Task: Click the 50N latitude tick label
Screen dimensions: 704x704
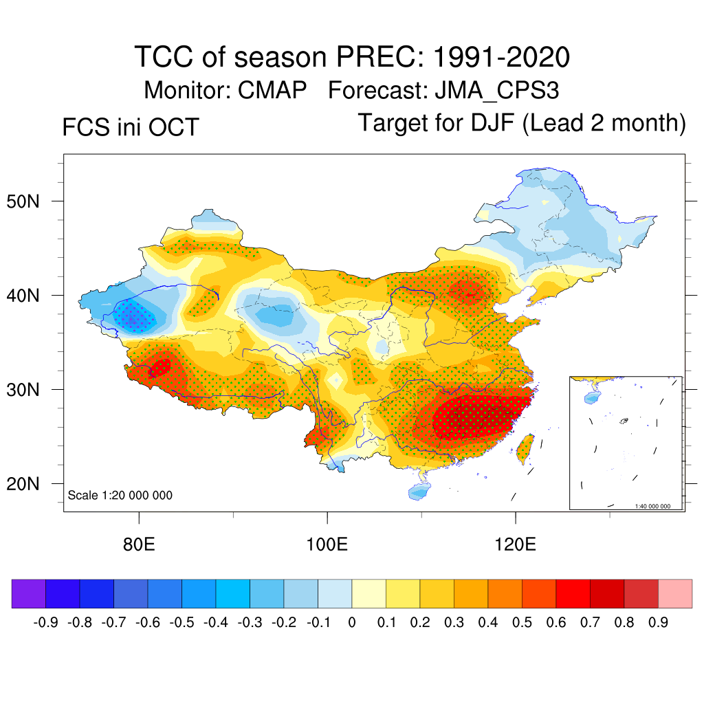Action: tap(30, 201)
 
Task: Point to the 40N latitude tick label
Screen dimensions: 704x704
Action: tap(30, 296)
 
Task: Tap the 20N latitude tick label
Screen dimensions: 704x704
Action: tap(30, 484)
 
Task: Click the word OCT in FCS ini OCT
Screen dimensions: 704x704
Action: tap(175, 127)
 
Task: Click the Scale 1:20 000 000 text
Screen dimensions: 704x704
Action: tap(120, 496)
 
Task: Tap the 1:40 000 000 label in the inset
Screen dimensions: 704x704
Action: tap(657, 506)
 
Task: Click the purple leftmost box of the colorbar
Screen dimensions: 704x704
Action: tap(29, 594)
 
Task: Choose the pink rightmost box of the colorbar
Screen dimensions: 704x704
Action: tap(675, 594)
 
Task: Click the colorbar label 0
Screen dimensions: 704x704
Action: tap(352, 623)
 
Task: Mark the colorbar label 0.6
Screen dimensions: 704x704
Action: tap(556, 623)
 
